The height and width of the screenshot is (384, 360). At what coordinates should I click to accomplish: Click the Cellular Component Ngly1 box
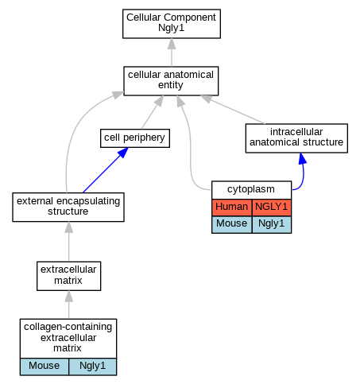coord(172,24)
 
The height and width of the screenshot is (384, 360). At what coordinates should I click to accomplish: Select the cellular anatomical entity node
coord(171,81)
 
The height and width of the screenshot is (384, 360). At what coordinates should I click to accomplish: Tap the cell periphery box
coord(135,138)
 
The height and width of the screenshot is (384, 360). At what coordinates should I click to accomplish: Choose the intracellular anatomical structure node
coord(296,138)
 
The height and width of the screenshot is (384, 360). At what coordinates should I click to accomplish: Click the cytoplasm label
coord(251,190)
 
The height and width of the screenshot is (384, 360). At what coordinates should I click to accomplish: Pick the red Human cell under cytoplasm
coord(231,207)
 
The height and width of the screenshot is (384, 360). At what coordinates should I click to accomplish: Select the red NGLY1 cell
coord(272,207)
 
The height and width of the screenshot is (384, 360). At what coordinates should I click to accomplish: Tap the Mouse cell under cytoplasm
coord(231,224)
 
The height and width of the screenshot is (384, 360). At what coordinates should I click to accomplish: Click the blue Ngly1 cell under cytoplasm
coord(272,224)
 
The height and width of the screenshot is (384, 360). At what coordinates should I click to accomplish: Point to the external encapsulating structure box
coord(68,207)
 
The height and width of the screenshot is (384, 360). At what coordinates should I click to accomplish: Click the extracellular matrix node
coord(68,276)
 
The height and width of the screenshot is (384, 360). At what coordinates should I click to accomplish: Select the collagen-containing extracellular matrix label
coord(68,338)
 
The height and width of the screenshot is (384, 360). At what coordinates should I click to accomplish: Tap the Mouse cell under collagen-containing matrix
coord(44,367)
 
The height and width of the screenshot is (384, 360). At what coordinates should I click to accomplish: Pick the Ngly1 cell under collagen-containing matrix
coord(92,367)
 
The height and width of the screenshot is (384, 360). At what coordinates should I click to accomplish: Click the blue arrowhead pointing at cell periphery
coord(123,153)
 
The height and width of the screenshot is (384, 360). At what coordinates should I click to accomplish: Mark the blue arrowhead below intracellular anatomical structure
coord(302,158)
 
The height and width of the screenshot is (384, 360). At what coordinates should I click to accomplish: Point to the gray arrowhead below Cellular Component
coord(172,44)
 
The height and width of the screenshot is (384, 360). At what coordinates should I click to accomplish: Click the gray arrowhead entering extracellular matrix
coord(69,296)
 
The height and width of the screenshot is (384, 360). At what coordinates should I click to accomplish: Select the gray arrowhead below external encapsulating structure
coord(69,227)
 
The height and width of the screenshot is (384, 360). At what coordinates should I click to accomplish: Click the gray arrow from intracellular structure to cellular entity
coord(232,110)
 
